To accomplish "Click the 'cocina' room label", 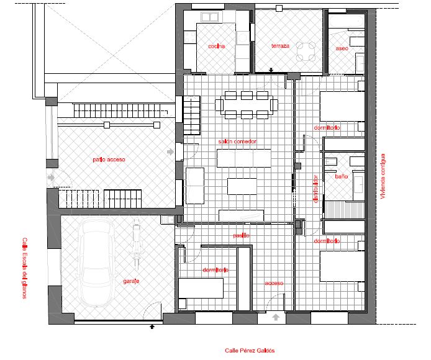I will click(x=217, y=47).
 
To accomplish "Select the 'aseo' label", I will click(x=342, y=47).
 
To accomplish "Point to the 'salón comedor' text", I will click(x=237, y=142).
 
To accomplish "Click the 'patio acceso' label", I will click(x=109, y=160).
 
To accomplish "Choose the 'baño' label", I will click(x=342, y=176).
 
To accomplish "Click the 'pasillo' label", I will click(x=241, y=235).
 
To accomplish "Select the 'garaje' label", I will click(x=131, y=281).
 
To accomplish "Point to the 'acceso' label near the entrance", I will click(x=274, y=283).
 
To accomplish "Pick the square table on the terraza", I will click(x=306, y=52).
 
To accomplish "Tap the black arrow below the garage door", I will click(x=152, y=325).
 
